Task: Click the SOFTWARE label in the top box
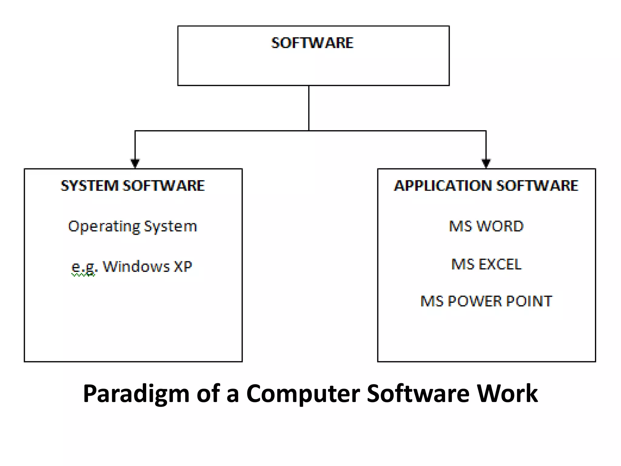click(312, 43)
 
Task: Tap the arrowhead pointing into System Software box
click(135, 163)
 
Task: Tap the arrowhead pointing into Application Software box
click(486, 163)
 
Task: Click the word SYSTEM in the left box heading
click(89, 186)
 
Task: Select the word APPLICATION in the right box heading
click(443, 186)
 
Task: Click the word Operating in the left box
click(104, 227)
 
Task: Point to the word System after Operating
click(170, 227)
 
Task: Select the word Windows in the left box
click(136, 267)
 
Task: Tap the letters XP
click(183, 267)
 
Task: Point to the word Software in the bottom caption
click(418, 393)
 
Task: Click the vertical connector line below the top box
click(309, 108)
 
